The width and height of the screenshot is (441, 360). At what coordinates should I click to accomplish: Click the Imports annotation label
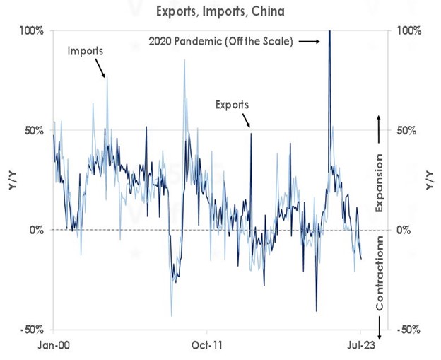[86, 51]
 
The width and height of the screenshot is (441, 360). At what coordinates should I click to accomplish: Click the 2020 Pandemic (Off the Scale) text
[221, 42]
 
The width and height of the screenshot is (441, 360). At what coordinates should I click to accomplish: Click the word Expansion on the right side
[379, 182]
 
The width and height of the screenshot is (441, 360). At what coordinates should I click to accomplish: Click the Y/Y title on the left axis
[12, 180]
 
